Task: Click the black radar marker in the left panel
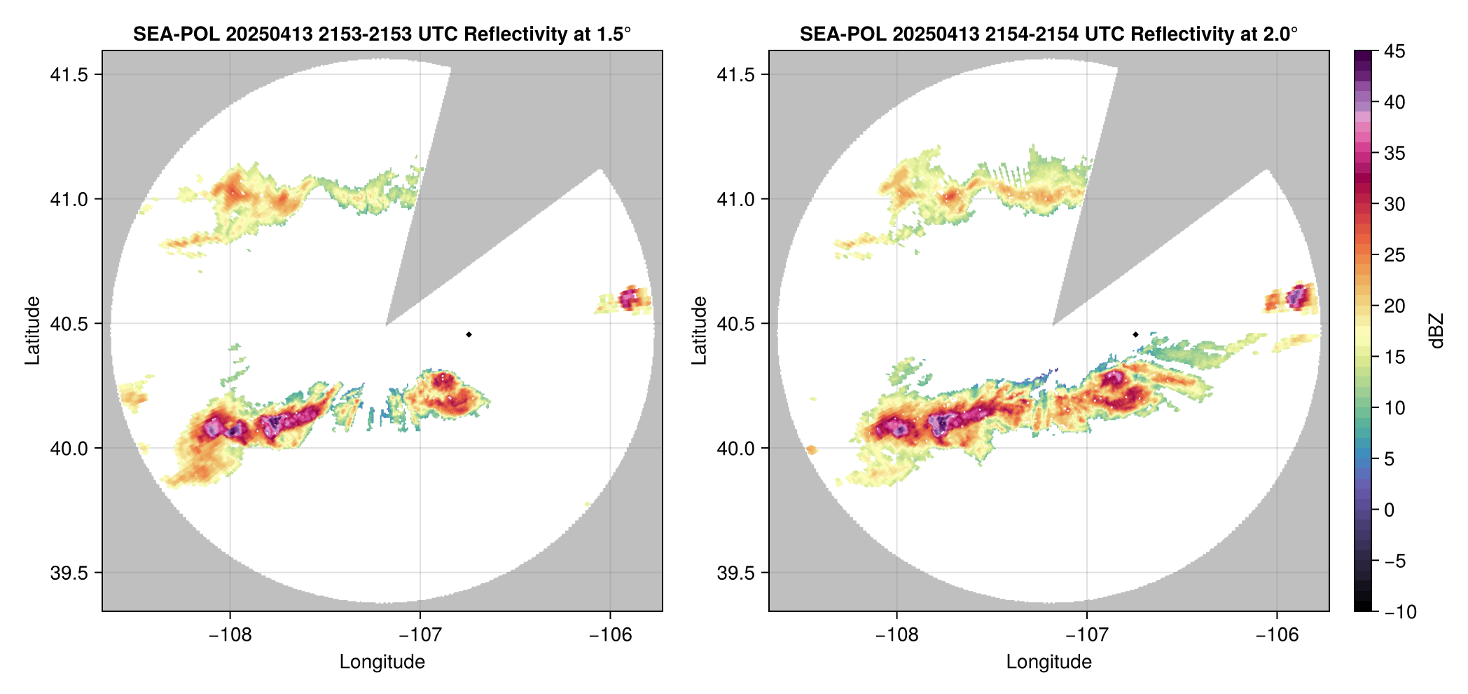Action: [469, 334]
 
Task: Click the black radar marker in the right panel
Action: [1135, 334]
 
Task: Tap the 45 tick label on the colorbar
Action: [1394, 51]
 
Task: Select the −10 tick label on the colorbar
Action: [1400, 612]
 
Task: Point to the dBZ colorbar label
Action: [1437, 331]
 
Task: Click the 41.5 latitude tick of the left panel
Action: [69, 75]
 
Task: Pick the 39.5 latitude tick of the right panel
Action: [735, 573]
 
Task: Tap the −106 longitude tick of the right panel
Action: [1277, 635]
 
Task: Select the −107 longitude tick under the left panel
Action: [420, 635]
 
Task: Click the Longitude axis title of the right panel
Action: [1048, 662]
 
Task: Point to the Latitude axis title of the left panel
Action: [32, 331]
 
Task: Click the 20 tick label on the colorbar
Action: [1394, 306]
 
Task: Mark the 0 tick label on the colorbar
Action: [1390, 510]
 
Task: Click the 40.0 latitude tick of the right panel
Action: [735, 448]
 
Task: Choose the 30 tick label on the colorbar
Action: [1394, 204]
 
